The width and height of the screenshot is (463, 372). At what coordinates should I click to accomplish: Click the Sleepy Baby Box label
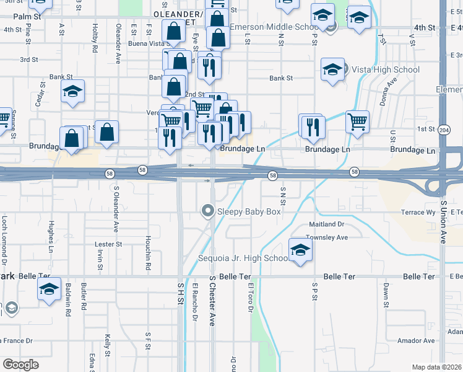(x=249, y=212)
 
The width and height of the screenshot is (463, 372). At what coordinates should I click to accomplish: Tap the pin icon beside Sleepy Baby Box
(x=208, y=211)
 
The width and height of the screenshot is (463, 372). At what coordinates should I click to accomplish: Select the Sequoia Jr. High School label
(x=242, y=258)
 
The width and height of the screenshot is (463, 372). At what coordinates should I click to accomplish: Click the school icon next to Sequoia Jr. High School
(x=300, y=250)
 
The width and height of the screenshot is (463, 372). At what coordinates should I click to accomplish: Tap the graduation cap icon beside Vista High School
(x=332, y=69)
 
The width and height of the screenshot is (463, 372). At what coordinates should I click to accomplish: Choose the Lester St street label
(x=109, y=244)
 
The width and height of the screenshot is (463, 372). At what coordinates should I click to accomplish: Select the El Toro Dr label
(x=251, y=299)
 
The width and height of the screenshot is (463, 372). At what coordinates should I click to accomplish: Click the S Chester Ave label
(x=212, y=301)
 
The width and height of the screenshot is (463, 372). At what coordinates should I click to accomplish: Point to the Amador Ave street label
(x=416, y=341)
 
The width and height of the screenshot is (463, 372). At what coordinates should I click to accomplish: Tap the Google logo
(x=20, y=365)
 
